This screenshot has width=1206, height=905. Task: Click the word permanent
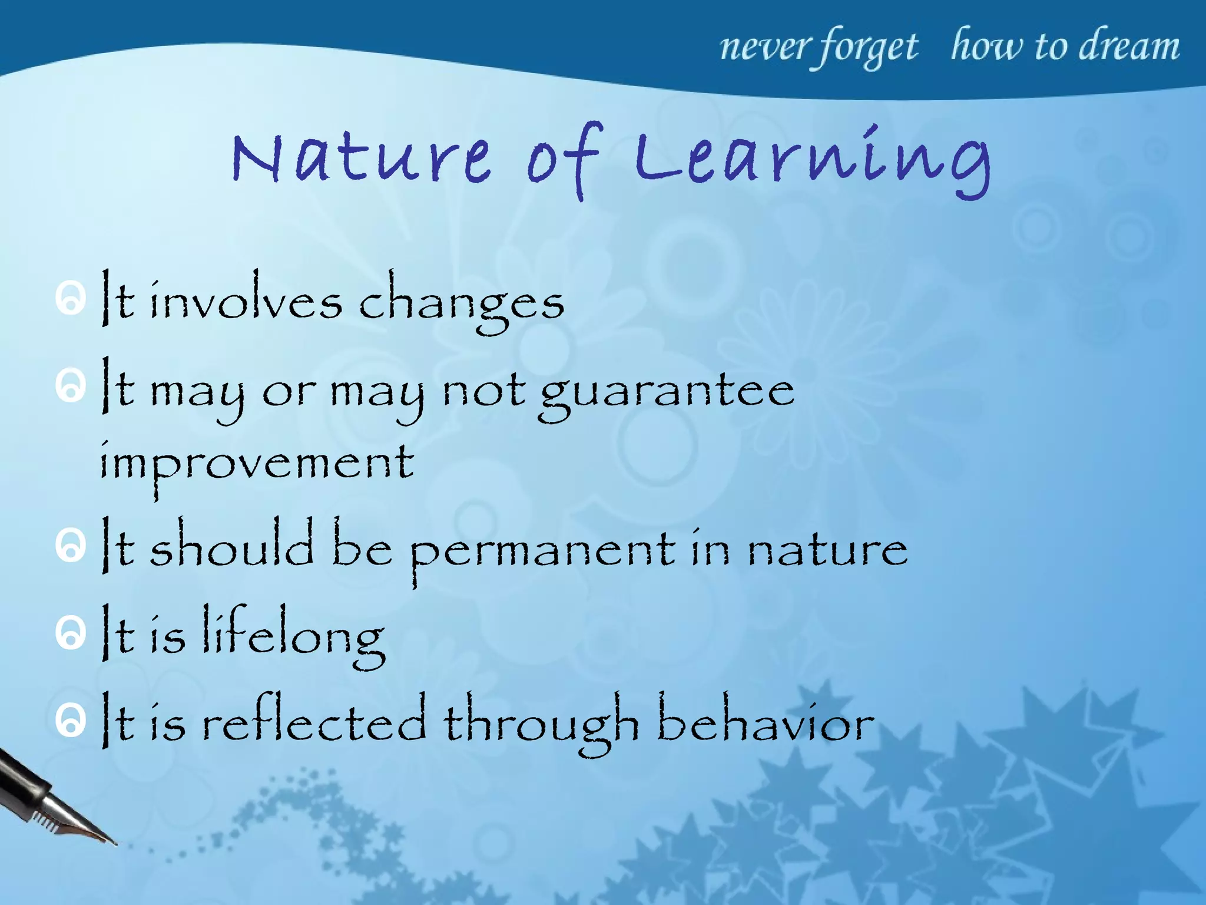[542, 551]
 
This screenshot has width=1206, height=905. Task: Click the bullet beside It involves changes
[71, 299]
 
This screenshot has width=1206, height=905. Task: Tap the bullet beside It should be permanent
[71, 546]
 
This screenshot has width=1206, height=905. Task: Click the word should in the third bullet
[231, 545]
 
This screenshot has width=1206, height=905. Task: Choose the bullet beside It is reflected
[71, 720]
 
